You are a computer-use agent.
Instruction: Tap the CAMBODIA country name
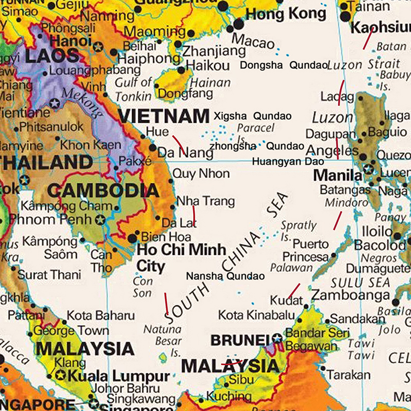coord(103,191)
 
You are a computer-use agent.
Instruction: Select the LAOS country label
coord(51,55)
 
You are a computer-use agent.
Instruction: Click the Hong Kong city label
coord(286,14)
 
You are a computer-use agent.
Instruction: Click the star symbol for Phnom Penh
coord(101,220)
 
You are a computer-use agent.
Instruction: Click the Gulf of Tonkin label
coord(134,89)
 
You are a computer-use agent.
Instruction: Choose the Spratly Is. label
coord(298,231)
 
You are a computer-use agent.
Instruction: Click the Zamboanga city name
coord(351,295)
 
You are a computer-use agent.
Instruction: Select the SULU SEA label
coord(360,282)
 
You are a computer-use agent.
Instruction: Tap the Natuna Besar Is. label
coord(162,341)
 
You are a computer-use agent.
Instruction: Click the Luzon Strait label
coord(363,65)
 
